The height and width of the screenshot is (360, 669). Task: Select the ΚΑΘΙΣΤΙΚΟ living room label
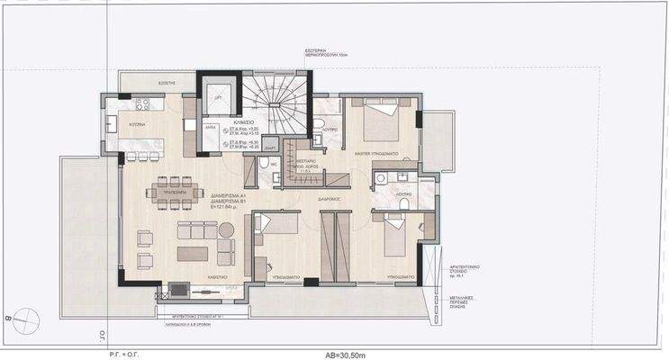pyautogui.click(x=213, y=276)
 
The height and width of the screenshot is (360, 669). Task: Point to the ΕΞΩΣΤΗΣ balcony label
pyautogui.click(x=167, y=82)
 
